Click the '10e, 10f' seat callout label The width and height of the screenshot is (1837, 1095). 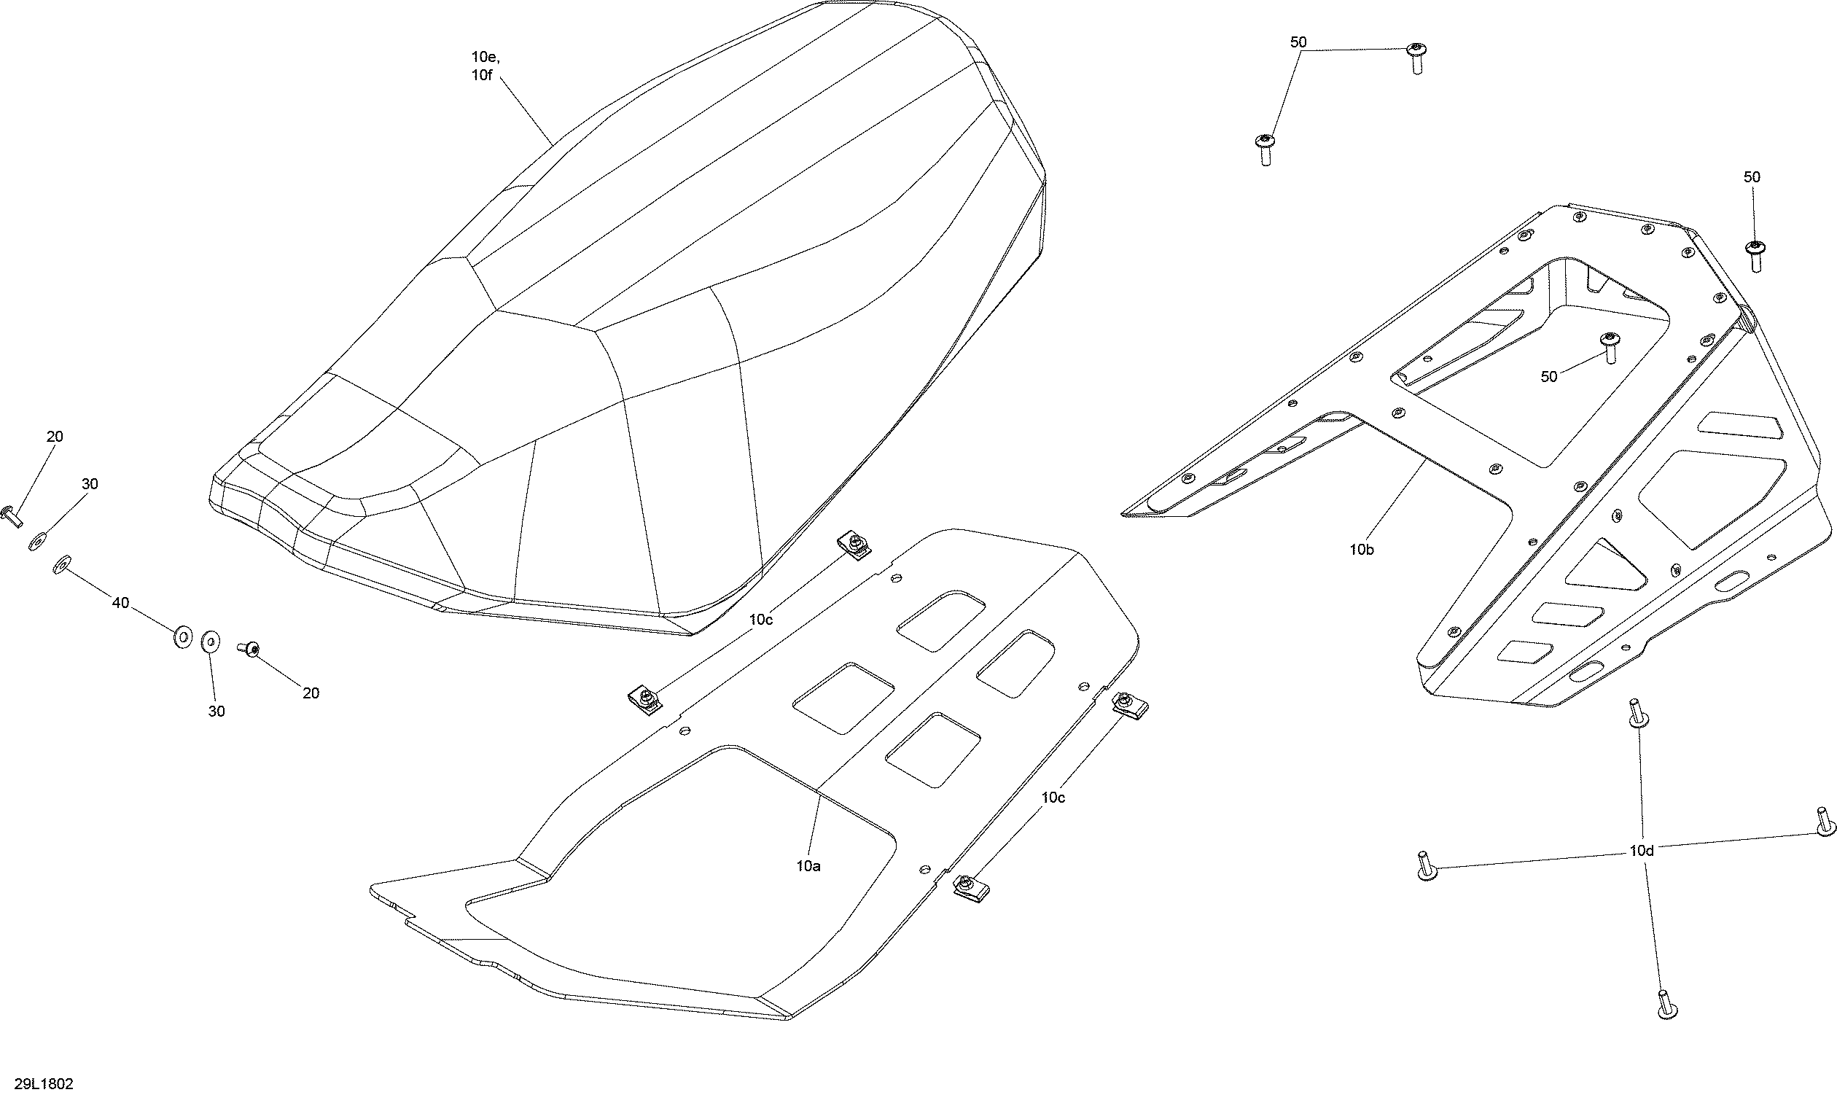[x=485, y=66]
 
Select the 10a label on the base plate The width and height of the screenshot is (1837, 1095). [x=808, y=866]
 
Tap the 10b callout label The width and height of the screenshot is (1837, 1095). [x=1362, y=549]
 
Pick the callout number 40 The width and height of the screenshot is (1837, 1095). [x=120, y=604]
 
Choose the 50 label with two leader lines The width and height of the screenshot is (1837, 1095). [x=1298, y=42]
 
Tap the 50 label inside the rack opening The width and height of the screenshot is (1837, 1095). [x=1548, y=376]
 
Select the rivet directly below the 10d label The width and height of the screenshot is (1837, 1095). [x=1663, y=1005]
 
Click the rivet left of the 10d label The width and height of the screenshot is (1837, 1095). [x=1426, y=866]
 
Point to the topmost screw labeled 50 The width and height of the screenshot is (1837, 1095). [x=1415, y=58]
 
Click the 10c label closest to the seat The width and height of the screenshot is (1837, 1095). [x=760, y=620]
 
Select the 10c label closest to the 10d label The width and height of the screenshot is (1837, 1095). [x=1053, y=797]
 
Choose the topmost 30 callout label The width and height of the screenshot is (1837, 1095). [x=89, y=484]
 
